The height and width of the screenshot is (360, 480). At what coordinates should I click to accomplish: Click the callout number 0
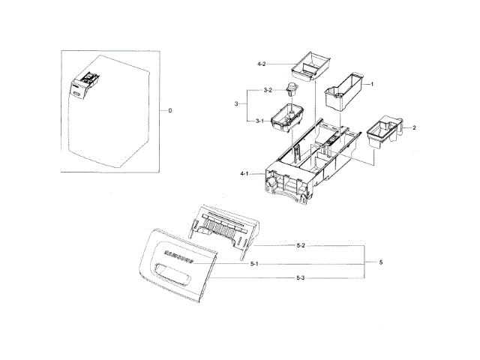click(x=170, y=110)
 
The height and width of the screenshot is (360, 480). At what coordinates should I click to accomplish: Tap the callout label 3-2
click(x=268, y=91)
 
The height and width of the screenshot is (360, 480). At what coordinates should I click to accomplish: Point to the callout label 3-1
click(x=259, y=121)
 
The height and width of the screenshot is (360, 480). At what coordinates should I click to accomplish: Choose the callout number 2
click(x=414, y=128)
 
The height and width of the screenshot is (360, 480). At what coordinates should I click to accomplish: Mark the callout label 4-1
click(x=244, y=174)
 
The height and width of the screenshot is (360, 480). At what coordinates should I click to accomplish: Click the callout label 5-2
click(x=300, y=245)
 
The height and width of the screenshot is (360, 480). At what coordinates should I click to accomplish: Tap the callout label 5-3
click(x=300, y=278)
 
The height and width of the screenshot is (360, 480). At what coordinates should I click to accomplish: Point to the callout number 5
click(x=381, y=262)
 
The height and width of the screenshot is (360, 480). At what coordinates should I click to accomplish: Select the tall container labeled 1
click(x=346, y=88)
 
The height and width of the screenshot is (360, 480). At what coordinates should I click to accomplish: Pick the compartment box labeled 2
click(x=385, y=130)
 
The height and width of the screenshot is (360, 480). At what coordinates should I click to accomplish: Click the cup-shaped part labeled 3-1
click(x=289, y=117)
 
